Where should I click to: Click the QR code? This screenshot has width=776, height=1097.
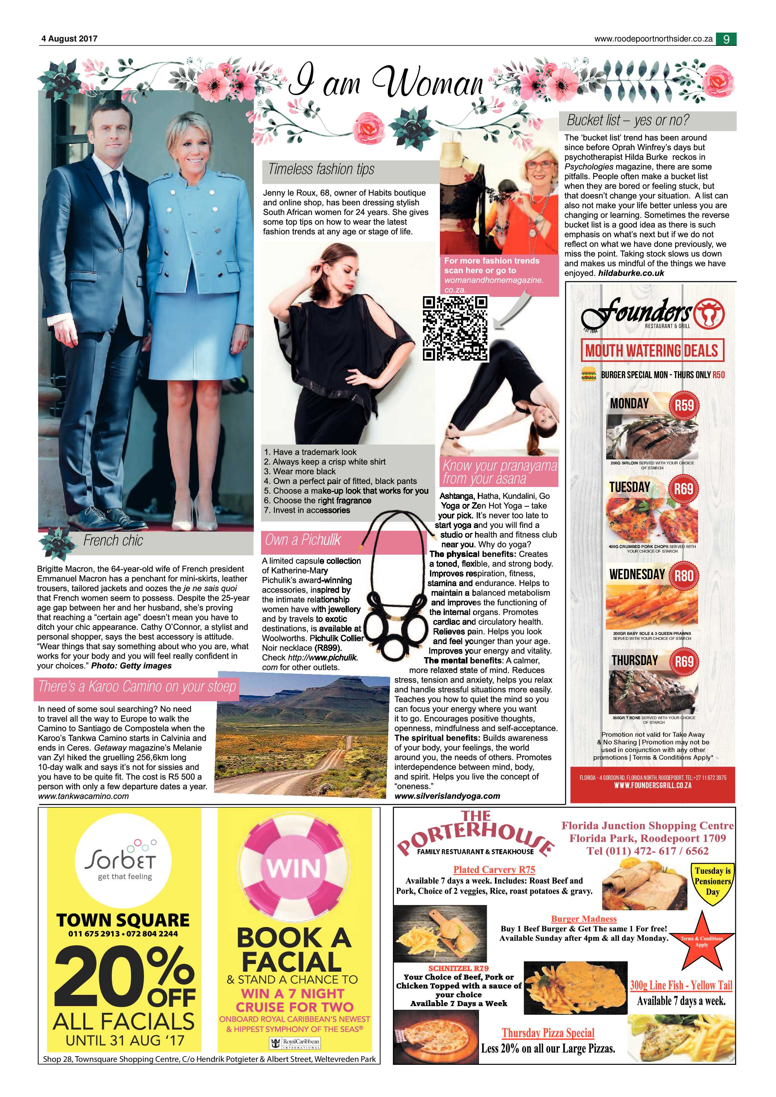[x=456, y=328]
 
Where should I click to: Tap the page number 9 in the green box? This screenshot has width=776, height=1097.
[x=726, y=39]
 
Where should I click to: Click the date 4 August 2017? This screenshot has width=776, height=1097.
[x=69, y=39]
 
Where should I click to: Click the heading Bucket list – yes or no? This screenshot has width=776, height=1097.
[x=628, y=120]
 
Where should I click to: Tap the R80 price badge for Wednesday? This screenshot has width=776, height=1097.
[x=684, y=576]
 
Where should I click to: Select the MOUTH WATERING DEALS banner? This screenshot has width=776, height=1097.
[x=652, y=350]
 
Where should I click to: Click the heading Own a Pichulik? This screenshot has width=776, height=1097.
[x=303, y=540]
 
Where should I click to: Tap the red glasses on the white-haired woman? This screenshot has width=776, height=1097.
[x=538, y=165]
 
